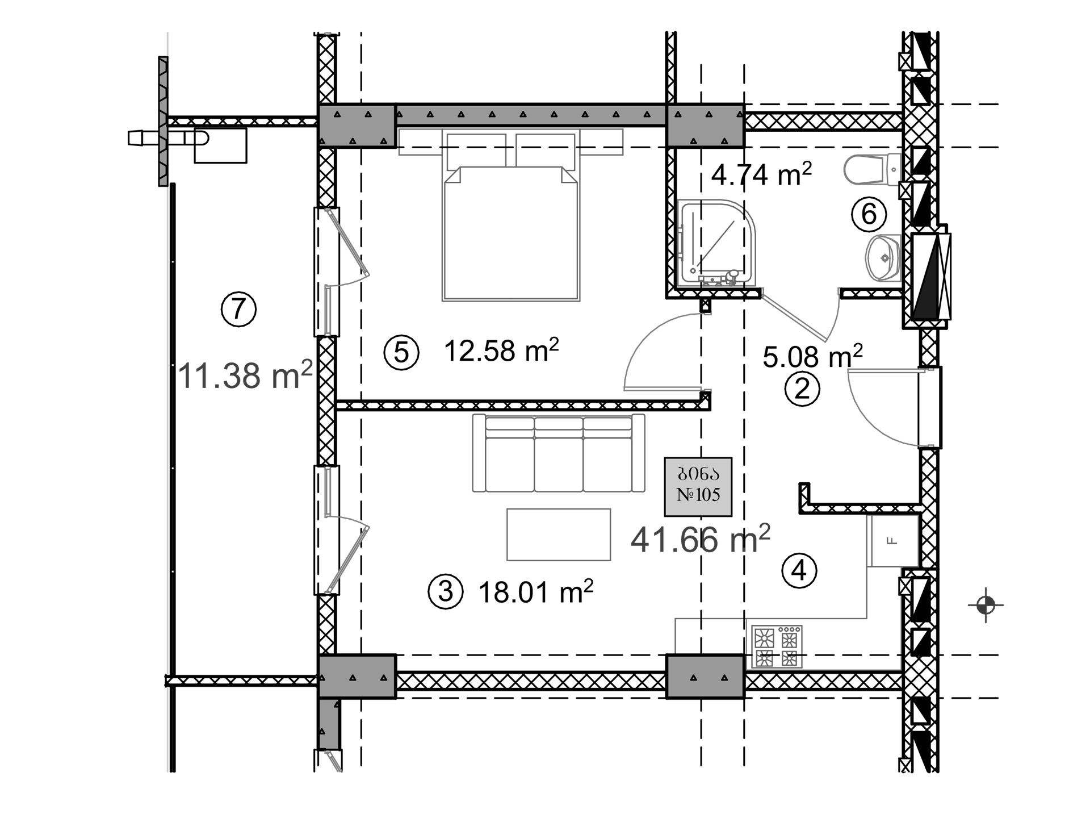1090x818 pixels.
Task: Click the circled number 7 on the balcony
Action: (238, 309)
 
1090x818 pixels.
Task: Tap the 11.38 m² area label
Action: (245, 375)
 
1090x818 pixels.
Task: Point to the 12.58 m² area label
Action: (501, 350)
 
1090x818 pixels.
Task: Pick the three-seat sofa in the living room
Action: (559, 453)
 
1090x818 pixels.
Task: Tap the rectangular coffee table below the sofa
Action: (559, 535)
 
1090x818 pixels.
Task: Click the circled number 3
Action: (446, 591)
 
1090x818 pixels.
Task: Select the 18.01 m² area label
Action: (536, 592)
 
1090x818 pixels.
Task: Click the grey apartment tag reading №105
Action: (698, 487)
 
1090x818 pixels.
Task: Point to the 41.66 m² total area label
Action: (701, 539)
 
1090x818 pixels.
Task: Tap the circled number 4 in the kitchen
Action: (799, 570)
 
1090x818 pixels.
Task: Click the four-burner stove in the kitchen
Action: (777, 646)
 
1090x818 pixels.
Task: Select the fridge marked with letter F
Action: (892, 541)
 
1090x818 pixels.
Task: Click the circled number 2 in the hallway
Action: (802, 389)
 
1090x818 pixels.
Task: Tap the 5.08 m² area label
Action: (812, 356)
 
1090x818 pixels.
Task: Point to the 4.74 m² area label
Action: (761, 174)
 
